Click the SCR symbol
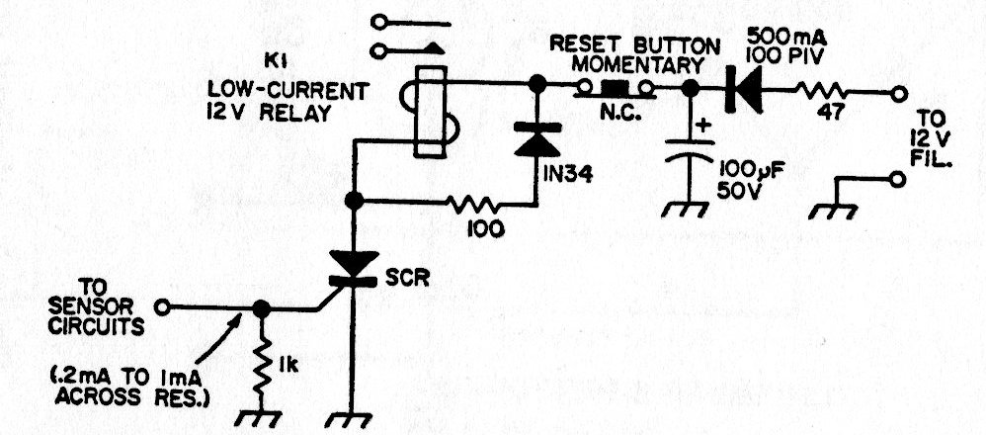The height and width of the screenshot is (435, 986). tap(352, 268)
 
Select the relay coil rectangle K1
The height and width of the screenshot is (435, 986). tap(430, 112)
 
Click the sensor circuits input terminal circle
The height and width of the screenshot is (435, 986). tap(165, 307)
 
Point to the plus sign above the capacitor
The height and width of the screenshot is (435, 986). tap(703, 126)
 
